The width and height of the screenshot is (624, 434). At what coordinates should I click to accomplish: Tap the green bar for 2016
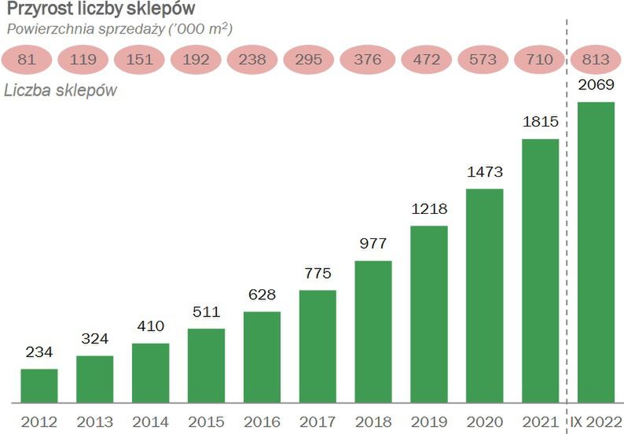pos(262,357)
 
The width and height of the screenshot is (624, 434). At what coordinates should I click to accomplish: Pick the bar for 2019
pos(429,314)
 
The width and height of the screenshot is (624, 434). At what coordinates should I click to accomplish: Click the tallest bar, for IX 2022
pos(596,252)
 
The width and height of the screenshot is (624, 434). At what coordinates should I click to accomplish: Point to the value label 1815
pos(541,123)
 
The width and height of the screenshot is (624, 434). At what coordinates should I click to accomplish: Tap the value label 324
pos(94,340)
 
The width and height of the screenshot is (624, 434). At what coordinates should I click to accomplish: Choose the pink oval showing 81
pos(27,57)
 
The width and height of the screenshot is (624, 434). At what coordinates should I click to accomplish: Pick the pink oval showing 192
pos(197,57)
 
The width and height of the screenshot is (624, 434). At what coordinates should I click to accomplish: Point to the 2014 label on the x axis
pos(150,420)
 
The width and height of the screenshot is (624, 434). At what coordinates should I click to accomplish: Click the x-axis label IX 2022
pos(596,420)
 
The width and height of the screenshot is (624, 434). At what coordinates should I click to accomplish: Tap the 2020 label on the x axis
pos(484,420)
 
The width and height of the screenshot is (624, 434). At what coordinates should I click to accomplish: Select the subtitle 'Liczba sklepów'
pos(61,90)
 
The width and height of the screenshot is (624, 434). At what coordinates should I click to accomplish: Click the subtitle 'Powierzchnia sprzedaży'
pos(119,29)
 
